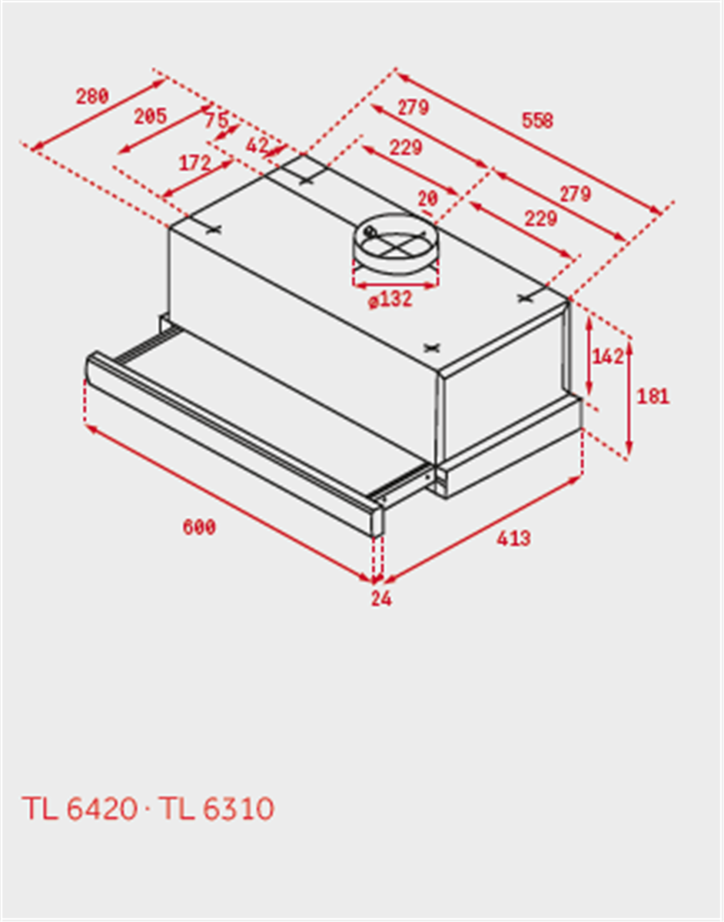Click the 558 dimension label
pyautogui.click(x=537, y=121)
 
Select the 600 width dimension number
pyautogui.click(x=199, y=527)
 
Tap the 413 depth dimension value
pyautogui.click(x=513, y=539)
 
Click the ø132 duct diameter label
pyautogui.click(x=390, y=300)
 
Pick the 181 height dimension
pyautogui.click(x=653, y=396)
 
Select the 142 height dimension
pyautogui.click(x=607, y=357)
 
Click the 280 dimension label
pyautogui.click(x=92, y=97)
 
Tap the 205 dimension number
pyautogui.click(x=150, y=117)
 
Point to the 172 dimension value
pyautogui.click(x=194, y=163)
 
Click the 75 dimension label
pyautogui.click(x=216, y=121)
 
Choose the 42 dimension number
pyautogui.click(x=257, y=144)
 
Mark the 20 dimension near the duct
pyautogui.click(x=427, y=198)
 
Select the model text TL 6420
pyautogui.click(x=79, y=808)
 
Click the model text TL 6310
pyautogui.click(x=216, y=808)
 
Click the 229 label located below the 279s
pyautogui.click(x=540, y=218)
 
